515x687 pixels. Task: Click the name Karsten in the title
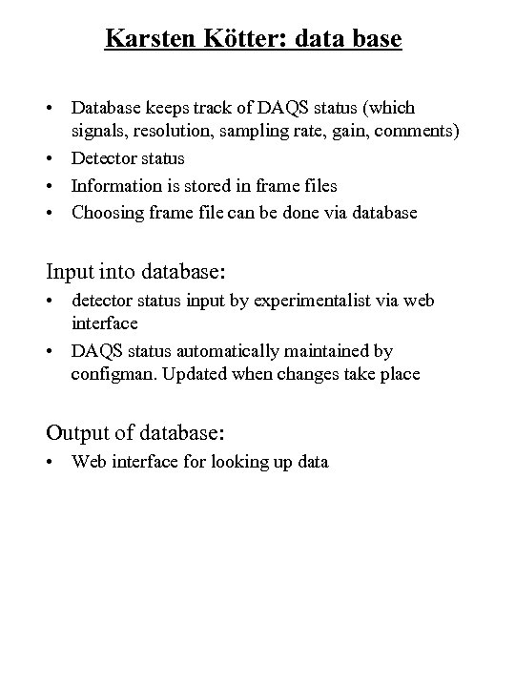(x=146, y=39)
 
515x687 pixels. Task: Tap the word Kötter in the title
(x=235, y=39)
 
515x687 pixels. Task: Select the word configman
(x=108, y=374)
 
